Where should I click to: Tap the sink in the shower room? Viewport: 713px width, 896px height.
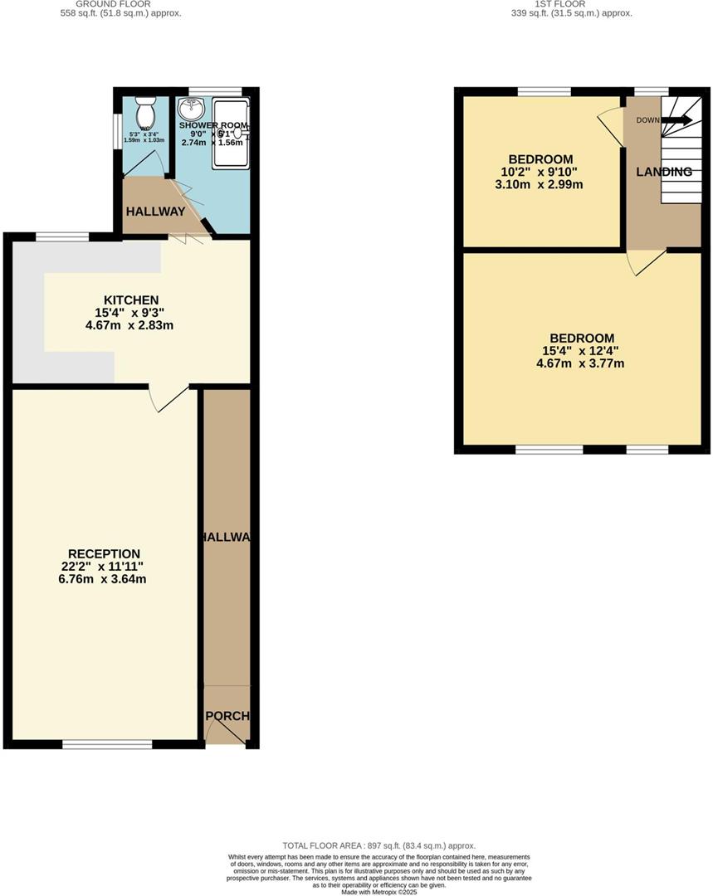(193, 109)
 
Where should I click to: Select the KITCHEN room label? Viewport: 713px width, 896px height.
(130, 299)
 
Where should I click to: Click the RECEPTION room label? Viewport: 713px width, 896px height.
(104, 553)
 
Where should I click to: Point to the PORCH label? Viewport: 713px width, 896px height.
(227, 715)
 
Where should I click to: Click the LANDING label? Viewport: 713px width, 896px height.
(664, 172)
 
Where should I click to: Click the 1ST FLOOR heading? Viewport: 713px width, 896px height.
(560, 4)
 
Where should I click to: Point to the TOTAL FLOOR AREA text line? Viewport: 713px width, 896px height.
(378, 845)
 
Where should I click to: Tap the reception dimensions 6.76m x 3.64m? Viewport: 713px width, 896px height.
(104, 579)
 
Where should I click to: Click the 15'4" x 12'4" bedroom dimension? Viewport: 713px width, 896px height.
(581, 351)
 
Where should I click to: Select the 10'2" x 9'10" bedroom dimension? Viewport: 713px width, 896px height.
(540, 172)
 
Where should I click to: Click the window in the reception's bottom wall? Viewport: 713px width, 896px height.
(107, 744)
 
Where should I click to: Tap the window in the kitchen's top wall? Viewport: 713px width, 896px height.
(62, 237)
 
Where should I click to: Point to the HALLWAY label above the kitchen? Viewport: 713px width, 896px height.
(155, 212)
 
